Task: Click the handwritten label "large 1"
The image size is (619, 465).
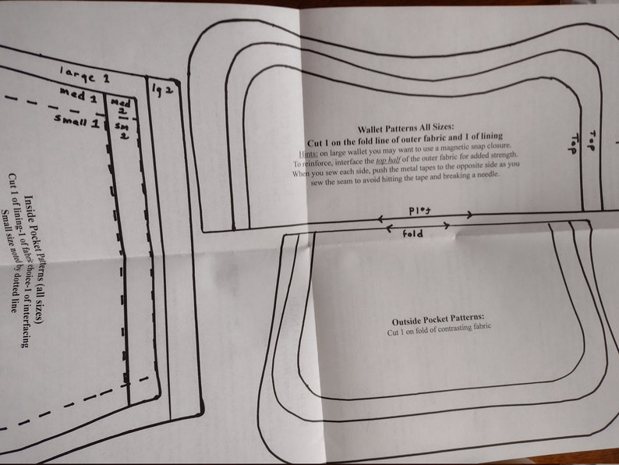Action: pos(87,76)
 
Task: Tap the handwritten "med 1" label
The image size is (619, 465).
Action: pos(82,98)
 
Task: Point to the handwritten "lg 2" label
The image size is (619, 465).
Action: pos(161,87)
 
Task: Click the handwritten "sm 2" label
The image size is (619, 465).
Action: pos(122,130)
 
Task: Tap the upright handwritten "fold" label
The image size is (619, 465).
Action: pos(413,233)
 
